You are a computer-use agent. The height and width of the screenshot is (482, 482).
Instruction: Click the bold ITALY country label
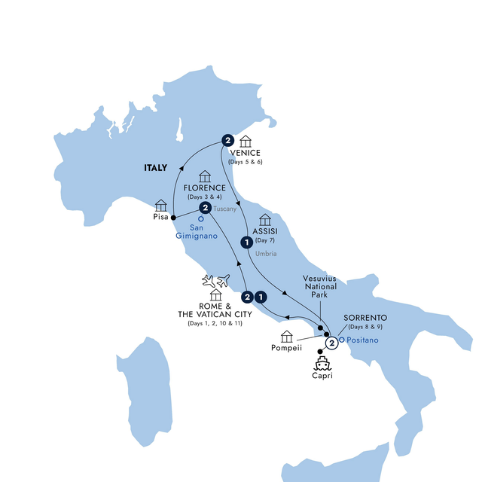tap(156, 171)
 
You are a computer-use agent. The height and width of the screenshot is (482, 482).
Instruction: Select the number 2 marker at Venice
tap(227, 140)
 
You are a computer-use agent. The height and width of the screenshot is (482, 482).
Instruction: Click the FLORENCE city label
tap(204, 188)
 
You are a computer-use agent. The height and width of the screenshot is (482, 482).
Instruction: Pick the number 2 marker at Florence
tap(204, 207)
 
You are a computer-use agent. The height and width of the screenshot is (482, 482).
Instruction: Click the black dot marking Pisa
tap(174, 218)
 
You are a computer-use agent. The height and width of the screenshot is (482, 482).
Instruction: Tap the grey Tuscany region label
tap(225, 209)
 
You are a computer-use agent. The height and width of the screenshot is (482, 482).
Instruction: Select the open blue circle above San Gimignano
tap(201, 220)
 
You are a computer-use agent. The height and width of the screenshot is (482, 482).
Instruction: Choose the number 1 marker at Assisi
tap(246, 242)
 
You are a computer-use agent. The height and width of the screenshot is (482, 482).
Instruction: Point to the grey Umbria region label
tap(266, 254)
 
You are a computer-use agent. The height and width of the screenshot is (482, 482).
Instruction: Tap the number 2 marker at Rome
tap(248, 297)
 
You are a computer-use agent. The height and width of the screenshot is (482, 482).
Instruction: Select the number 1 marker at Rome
tap(261, 297)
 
